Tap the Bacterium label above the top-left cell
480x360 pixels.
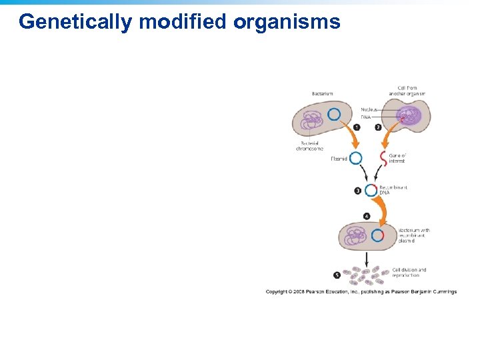point(322,94)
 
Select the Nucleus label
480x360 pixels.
point(369,109)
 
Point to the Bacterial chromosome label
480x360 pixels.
point(309,146)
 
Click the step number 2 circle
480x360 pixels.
point(378,127)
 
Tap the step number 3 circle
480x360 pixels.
point(358,191)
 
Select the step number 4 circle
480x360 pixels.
point(367,216)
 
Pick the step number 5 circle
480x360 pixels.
point(337,275)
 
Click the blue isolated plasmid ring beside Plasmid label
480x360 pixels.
point(356,158)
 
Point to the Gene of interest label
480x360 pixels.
point(397,158)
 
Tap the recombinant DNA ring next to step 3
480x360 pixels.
point(371,190)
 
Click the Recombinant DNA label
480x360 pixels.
point(393,190)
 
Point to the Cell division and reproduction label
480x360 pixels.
point(409,273)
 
